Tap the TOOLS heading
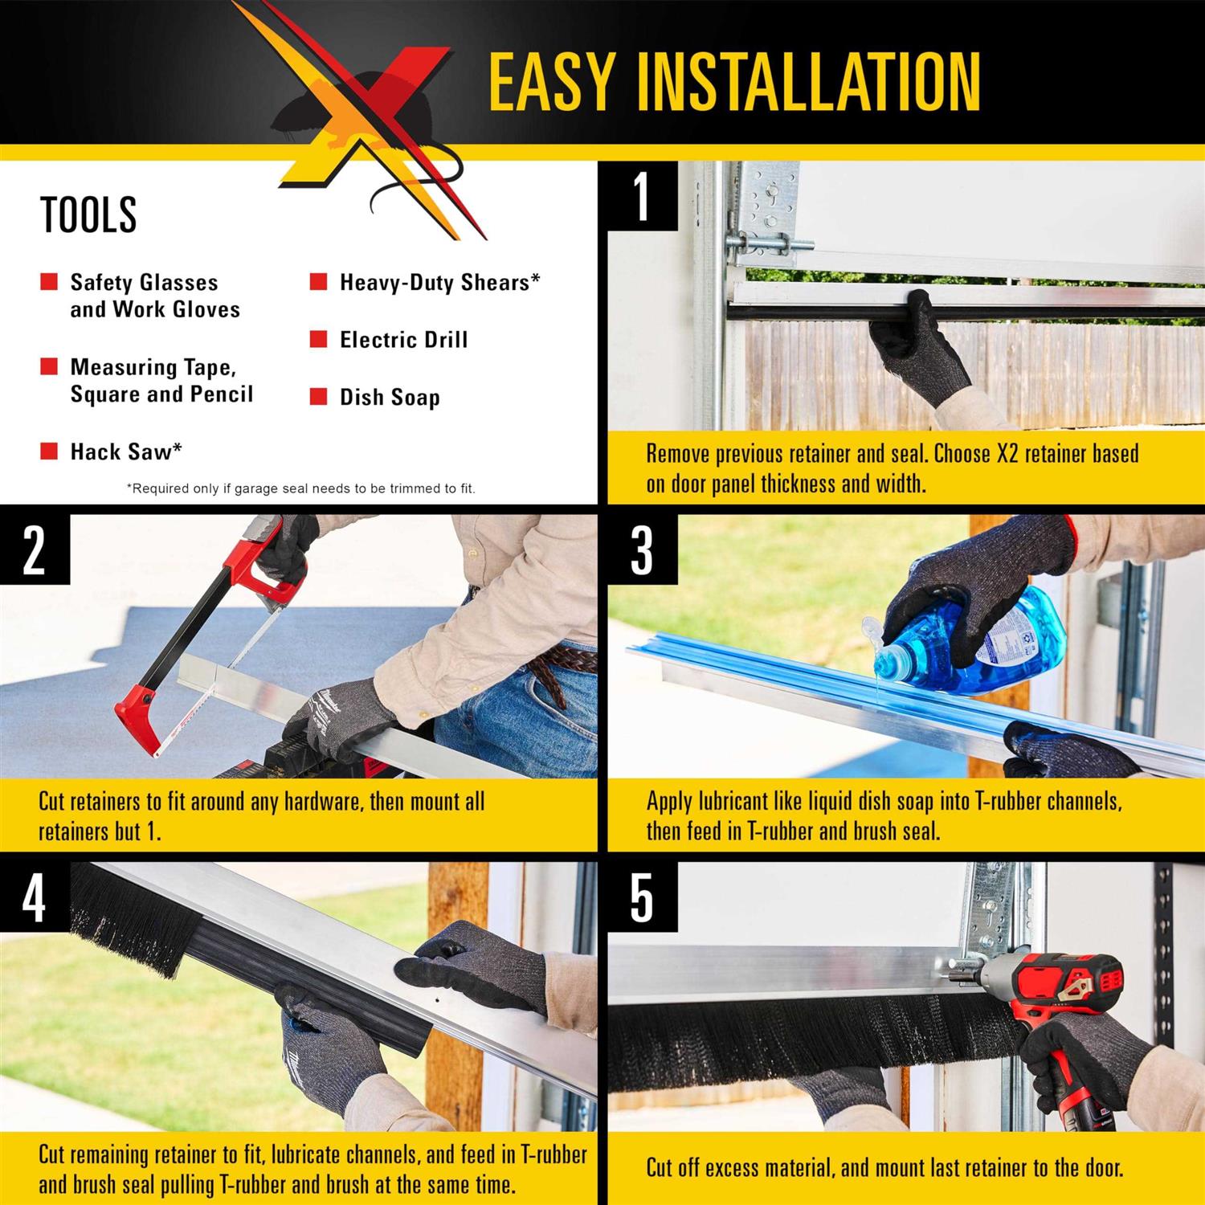(x=88, y=214)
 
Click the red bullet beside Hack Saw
(x=49, y=451)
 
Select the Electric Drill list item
(x=403, y=340)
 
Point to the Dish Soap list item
(x=390, y=398)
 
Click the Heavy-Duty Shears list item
(x=439, y=283)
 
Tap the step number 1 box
(x=642, y=196)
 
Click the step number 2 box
(x=34, y=550)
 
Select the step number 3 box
(x=642, y=550)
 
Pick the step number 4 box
(x=34, y=897)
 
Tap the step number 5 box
(x=642, y=897)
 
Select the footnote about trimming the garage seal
(x=301, y=488)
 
